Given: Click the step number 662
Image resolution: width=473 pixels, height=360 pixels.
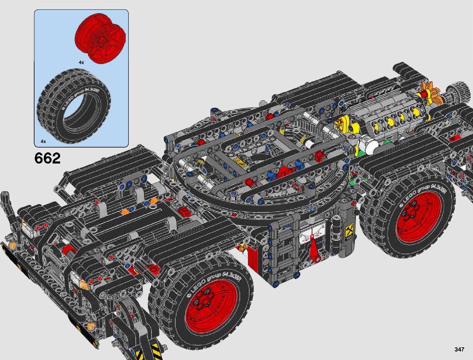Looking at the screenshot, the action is coord(47,158).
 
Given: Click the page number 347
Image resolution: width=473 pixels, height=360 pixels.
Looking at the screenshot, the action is coord(459,349).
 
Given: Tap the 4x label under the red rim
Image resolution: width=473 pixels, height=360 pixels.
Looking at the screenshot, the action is coord(81,63).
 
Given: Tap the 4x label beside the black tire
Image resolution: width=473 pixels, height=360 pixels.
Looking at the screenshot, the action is coord(43,141).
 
